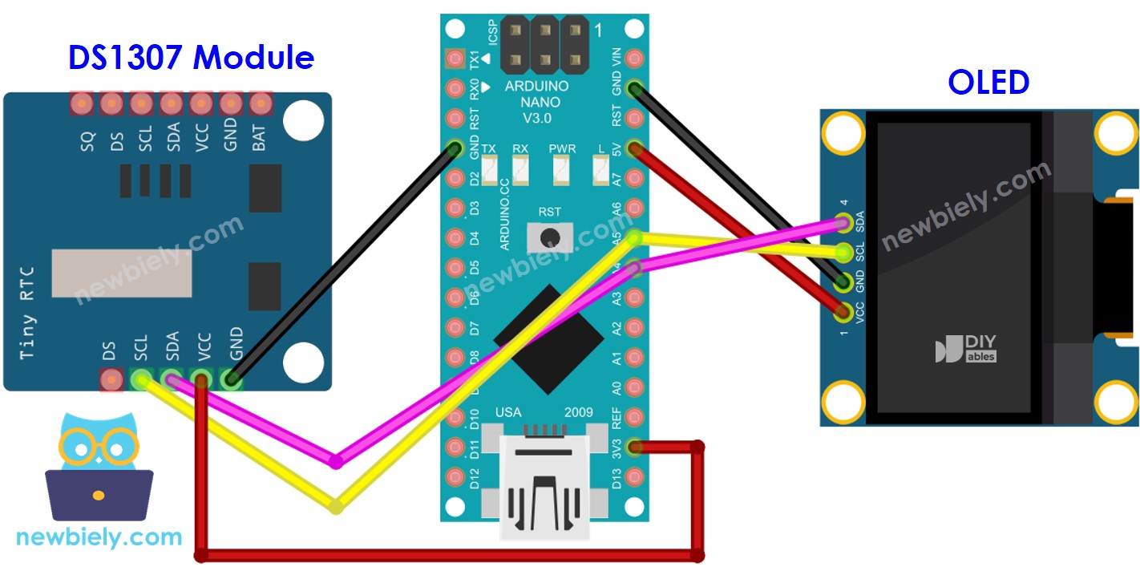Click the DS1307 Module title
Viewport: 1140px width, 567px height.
pyautogui.click(x=191, y=58)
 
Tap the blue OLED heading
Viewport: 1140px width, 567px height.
pyautogui.click(x=988, y=82)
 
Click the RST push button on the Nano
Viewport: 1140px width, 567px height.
pyautogui.click(x=550, y=236)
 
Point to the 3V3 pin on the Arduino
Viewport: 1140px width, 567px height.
pyautogui.click(x=635, y=448)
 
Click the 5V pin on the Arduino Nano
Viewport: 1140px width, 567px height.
pyautogui.click(x=635, y=148)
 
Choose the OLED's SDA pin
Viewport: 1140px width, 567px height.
pyautogui.click(x=843, y=222)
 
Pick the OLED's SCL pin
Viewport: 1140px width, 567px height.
pyautogui.click(x=843, y=253)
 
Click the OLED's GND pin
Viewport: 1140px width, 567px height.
pyautogui.click(x=843, y=281)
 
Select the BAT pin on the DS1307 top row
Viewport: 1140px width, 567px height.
pyautogui.click(x=260, y=103)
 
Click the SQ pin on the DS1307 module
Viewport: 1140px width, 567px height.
pyautogui.click(x=81, y=103)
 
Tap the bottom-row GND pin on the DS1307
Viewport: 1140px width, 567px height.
pyautogui.click(x=232, y=379)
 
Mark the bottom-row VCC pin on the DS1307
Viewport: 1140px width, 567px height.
pyautogui.click(x=201, y=379)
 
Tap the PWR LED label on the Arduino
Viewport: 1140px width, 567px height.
pyautogui.click(x=562, y=149)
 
